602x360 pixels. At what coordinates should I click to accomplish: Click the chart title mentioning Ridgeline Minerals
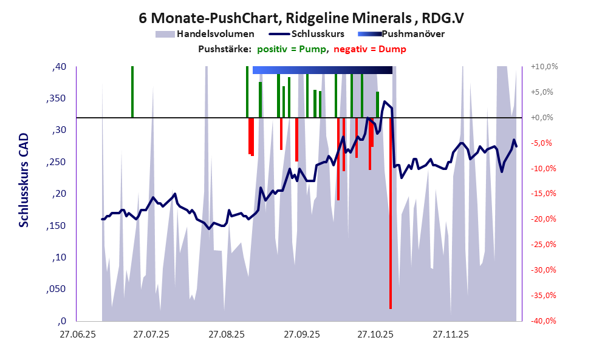point(301,18)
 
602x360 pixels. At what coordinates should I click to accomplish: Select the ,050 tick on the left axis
point(56,290)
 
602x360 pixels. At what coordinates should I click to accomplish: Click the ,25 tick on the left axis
point(58,162)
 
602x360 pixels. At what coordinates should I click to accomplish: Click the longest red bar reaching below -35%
point(391,243)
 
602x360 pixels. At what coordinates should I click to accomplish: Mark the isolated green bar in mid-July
point(132,91)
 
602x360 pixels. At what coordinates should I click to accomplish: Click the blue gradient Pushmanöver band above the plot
point(322,70)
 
